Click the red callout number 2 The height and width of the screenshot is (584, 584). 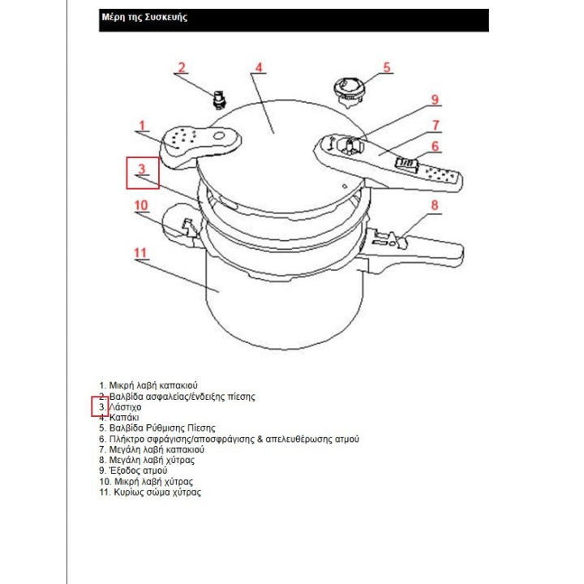coord(182,67)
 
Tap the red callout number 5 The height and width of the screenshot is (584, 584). coord(387,67)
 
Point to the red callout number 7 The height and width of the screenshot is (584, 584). coord(436,125)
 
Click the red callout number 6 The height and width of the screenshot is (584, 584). coord(435,146)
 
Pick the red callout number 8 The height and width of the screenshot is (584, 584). coord(435,205)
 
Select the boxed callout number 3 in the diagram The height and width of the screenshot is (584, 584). coord(142,170)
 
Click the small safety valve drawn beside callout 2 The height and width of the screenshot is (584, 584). coord(217,99)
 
